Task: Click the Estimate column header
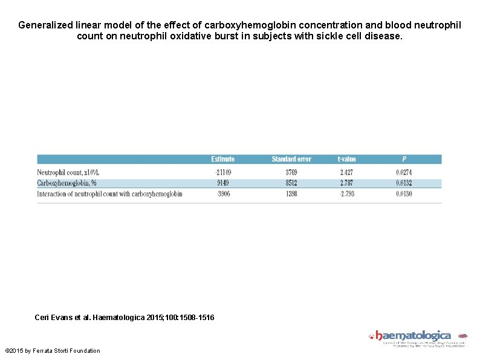pyautogui.click(x=222, y=159)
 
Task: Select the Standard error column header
pyautogui.click(x=291, y=159)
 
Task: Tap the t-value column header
pyautogui.click(x=346, y=159)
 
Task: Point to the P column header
pyautogui.click(x=404, y=159)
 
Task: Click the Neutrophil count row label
pyautogui.click(x=68, y=172)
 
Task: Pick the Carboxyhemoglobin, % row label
pyautogui.click(x=67, y=183)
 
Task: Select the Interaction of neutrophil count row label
pyautogui.click(x=109, y=194)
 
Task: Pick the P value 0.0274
pyautogui.click(x=404, y=172)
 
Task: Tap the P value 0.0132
pyautogui.click(x=404, y=183)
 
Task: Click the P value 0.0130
pyautogui.click(x=404, y=194)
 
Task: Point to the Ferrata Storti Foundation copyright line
pyautogui.click(x=53, y=350)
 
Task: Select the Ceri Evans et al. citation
pyautogui.click(x=125, y=318)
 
